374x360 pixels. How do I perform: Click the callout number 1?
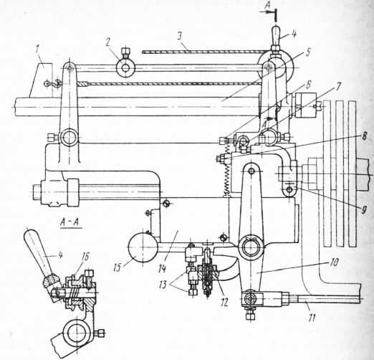coord(37,49)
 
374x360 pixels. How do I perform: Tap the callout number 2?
coord(107,42)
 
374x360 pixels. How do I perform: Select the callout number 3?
coord(180,36)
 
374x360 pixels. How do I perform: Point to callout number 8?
coord(364,137)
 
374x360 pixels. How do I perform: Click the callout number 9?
coord(363,210)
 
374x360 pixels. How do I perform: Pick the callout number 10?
coord(334,262)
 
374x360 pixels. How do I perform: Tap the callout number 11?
coord(312,317)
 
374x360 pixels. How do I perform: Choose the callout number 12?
coord(224,302)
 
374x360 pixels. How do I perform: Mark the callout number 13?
coord(163,285)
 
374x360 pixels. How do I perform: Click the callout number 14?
coord(162,268)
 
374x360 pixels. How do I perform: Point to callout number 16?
coord(85,257)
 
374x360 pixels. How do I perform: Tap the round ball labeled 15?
coord(143,247)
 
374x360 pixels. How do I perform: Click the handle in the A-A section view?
coord(39,251)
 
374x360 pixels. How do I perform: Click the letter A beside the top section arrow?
coord(268,6)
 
